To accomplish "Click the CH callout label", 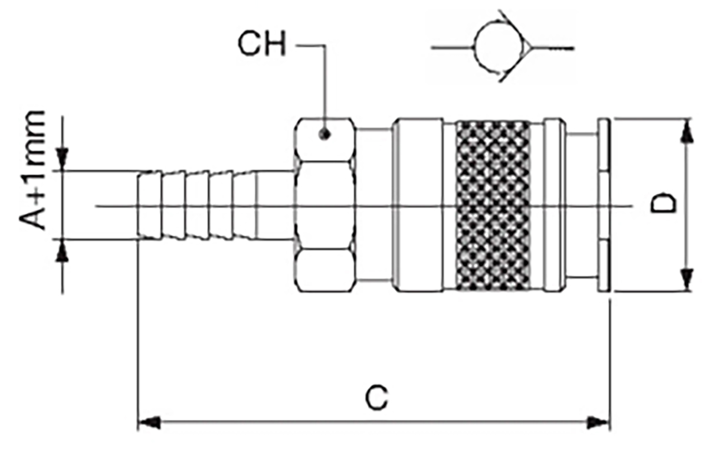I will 261,44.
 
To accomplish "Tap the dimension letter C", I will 375,399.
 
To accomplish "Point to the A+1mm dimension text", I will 33,170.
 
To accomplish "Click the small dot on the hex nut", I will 323,135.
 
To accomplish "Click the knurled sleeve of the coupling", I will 493,205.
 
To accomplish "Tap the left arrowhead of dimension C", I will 148,423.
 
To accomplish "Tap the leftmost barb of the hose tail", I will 149,205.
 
